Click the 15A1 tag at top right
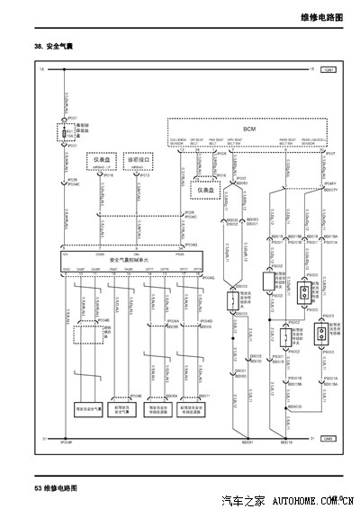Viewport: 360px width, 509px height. (328, 69)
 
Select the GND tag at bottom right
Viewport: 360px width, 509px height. (328, 437)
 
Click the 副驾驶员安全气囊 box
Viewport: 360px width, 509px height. (123, 408)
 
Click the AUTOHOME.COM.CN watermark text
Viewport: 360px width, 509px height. (312, 499)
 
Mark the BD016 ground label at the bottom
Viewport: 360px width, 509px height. (286, 443)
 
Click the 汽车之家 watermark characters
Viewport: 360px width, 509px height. (242, 499)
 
